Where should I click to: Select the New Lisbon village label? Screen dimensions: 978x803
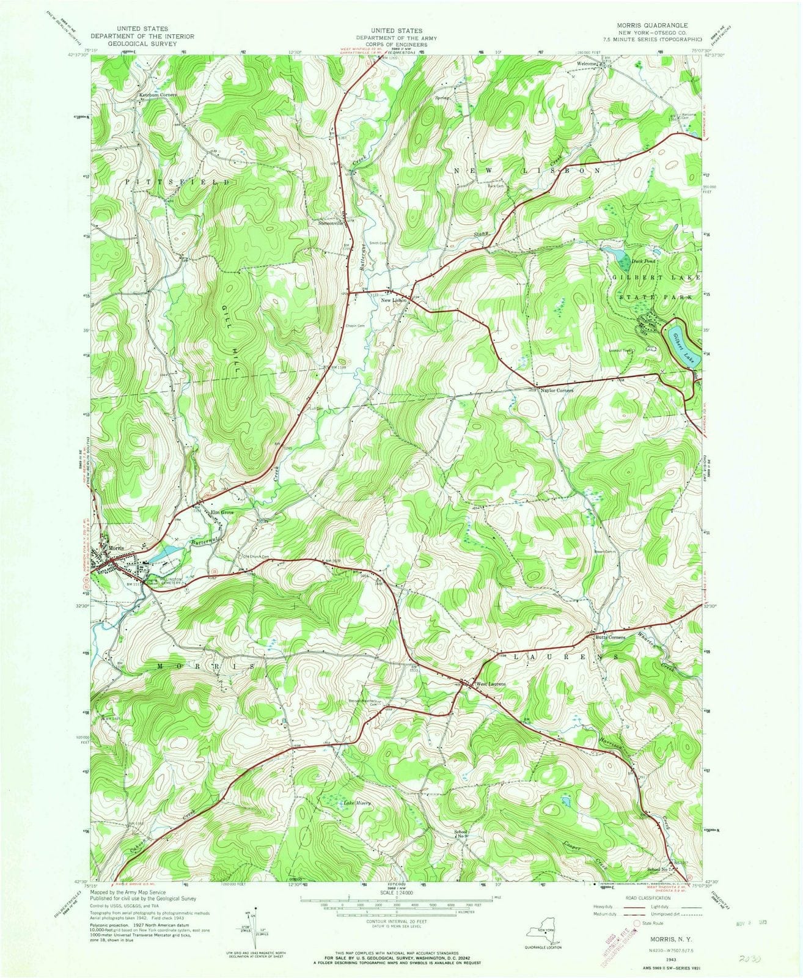click(394, 300)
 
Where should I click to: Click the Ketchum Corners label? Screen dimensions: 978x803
click(158, 95)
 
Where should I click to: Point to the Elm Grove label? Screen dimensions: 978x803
click(223, 512)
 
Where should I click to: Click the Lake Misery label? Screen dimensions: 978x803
click(357, 803)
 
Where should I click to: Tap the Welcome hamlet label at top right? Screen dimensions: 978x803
click(585, 63)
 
